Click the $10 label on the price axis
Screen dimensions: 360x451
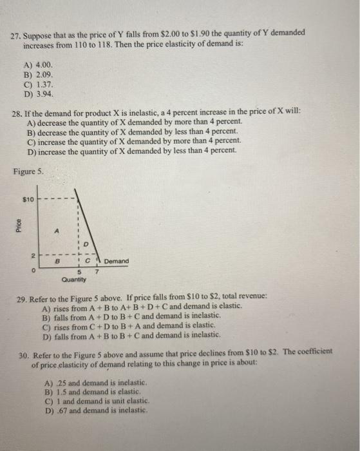28,200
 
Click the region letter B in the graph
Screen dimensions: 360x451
57,262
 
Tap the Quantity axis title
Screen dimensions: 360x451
74,280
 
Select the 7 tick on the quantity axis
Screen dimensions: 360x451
96,273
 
